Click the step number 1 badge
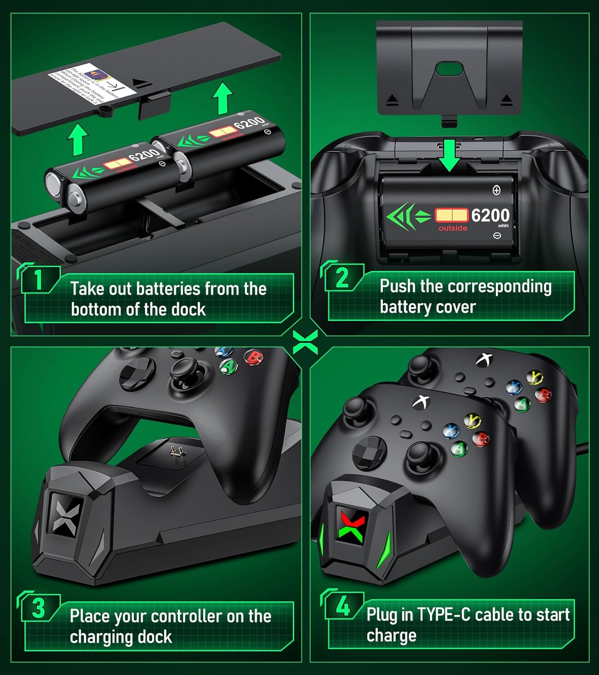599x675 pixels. coord(39,279)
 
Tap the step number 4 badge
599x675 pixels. coord(343,606)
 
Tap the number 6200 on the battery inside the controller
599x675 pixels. coord(490,216)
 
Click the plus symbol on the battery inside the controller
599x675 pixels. coord(496,190)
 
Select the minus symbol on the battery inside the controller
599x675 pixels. coord(497,235)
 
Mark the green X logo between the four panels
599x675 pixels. coord(305,342)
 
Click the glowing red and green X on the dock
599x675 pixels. coord(352,525)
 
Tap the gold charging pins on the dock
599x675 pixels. coord(174,450)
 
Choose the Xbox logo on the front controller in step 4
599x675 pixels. coord(422,401)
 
